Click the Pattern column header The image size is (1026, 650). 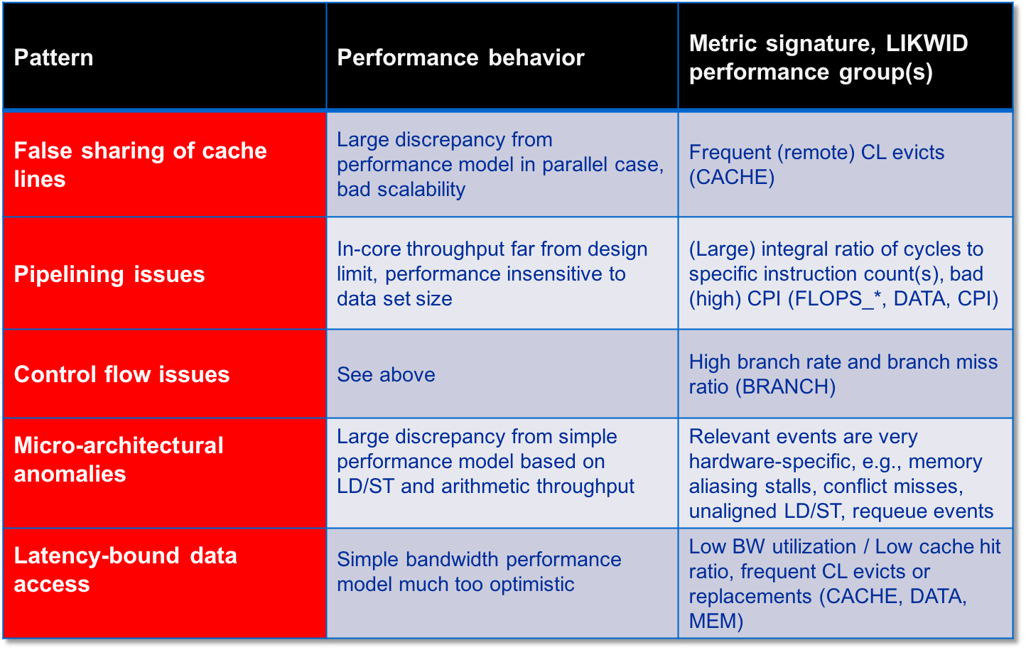click(53, 58)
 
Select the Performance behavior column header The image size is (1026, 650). click(461, 58)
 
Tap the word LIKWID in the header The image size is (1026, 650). click(927, 43)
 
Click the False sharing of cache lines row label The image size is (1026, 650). click(140, 164)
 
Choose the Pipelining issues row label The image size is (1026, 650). click(109, 275)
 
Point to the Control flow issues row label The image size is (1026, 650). click(121, 374)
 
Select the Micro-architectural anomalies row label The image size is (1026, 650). click(119, 460)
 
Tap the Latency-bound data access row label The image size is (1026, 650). click(125, 570)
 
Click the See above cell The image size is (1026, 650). click(386, 374)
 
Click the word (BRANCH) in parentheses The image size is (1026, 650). click(786, 387)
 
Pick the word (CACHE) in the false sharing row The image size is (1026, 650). click(732, 178)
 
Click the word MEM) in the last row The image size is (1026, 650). click(716, 621)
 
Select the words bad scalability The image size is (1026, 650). click(401, 190)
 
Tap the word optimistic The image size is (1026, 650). click(531, 585)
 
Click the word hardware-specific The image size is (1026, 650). click(772, 462)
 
